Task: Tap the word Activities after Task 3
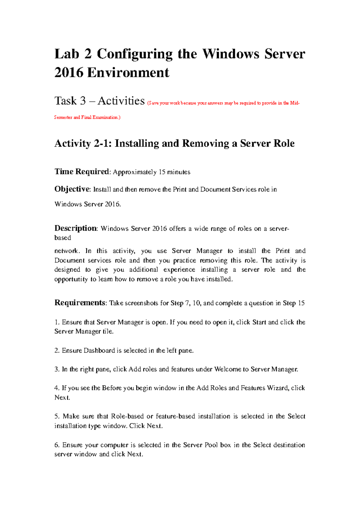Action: [x=121, y=101]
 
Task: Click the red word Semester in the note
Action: [x=63, y=117]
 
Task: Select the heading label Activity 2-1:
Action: [x=83, y=143]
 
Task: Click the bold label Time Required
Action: [x=82, y=172]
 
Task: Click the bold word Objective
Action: [x=72, y=189]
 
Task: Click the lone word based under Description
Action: [x=62, y=238]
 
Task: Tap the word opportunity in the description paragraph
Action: [x=71, y=279]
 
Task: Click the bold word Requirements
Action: [x=80, y=303]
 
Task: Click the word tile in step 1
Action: [x=107, y=332]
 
